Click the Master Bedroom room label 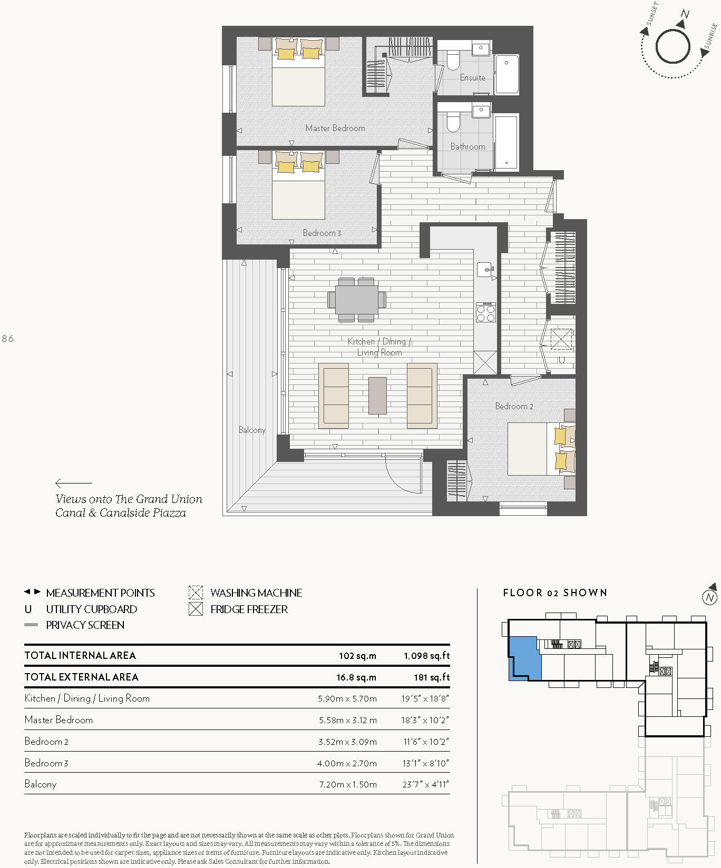point(335,128)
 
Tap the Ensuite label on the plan point(472,78)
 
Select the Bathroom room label point(467,147)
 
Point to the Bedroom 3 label point(321,233)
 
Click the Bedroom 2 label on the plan point(514,406)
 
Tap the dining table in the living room point(357,299)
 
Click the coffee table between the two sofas point(377,396)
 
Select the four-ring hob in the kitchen point(485,312)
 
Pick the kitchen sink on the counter point(485,269)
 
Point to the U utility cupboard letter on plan point(561,361)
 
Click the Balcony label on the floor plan point(252,430)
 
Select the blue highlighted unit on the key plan point(525,658)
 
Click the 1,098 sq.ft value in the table point(426,656)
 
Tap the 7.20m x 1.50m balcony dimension point(348,784)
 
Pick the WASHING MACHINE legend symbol point(196,593)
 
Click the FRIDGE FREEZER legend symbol point(196,609)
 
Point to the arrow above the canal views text point(73,482)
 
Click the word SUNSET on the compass point(652,14)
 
